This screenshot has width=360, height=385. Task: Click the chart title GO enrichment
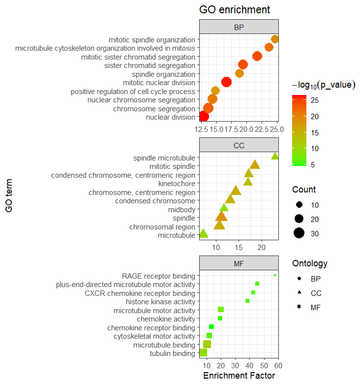point(234,10)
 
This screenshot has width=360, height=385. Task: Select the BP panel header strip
point(239,27)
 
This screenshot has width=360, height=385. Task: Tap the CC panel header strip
point(239,146)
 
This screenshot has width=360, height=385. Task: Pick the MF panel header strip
point(239,264)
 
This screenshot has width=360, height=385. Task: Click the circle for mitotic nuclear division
point(226,82)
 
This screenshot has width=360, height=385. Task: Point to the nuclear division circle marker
point(203,117)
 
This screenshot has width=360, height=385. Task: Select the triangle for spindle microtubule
point(275,157)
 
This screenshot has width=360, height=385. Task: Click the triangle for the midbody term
point(224,208)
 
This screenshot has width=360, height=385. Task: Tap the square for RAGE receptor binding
point(275,275)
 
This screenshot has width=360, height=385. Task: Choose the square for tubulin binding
point(203,353)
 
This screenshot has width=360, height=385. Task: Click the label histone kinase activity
point(160,302)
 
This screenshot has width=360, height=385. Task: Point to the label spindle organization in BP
point(160,74)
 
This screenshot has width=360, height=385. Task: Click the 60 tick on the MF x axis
point(278,365)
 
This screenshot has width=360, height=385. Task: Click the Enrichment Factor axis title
point(239,376)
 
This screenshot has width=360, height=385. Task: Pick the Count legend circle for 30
point(299,233)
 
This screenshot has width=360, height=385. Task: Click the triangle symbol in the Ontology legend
point(299,293)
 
